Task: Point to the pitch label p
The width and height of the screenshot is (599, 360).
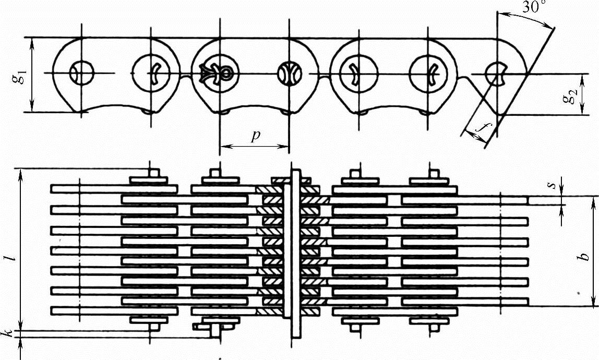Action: [x=255, y=136]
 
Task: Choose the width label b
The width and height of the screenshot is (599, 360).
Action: [x=585, y=253]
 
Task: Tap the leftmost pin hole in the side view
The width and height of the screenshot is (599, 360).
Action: [x=81, y=74]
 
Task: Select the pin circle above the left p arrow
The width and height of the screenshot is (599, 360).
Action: [x=220, y=74]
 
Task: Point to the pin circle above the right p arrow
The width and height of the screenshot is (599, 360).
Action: [x=289, y=74]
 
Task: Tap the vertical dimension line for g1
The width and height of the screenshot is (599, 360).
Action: [x=32, y=75]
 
